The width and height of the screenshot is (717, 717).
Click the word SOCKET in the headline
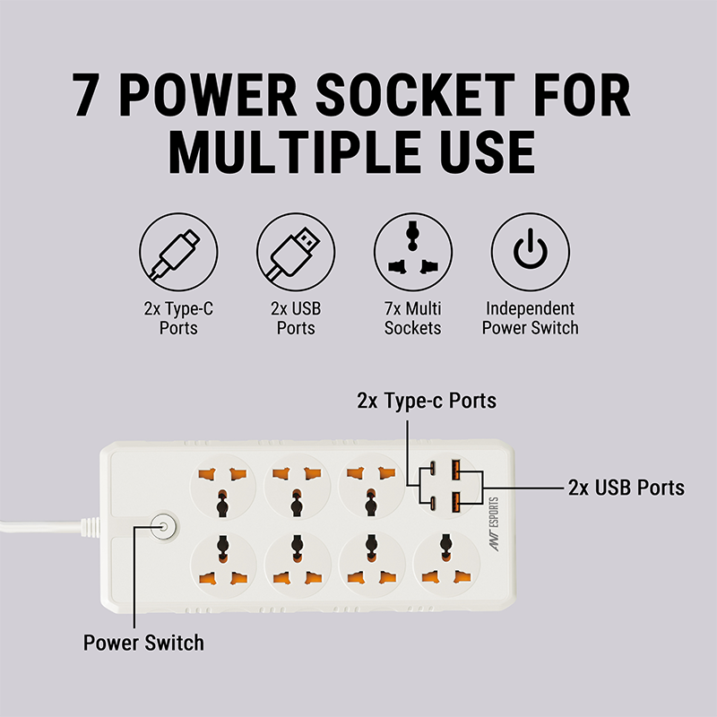pos(415,95)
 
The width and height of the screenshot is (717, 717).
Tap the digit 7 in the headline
pos(85,95)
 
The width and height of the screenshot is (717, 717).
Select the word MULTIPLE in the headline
pos(295,151)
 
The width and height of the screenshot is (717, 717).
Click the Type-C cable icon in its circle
pos(178,252)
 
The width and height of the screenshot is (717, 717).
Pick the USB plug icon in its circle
pos(296,252)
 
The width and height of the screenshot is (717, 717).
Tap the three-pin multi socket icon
pos(413,252)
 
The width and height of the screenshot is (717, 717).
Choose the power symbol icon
pos(531,252)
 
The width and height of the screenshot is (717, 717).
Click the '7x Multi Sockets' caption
pos(413,318)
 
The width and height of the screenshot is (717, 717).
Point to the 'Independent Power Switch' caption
pos(531,318)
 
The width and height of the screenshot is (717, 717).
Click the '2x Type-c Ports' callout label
pos(427,401)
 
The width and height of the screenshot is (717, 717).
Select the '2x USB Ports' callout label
pos(626,488)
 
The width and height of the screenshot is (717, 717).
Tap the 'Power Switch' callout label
pos(143,643)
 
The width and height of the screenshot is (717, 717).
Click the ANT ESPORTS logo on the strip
pos(495,524)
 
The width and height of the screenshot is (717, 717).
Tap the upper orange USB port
pos(456,470)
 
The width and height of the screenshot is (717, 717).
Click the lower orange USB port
pos(456,503)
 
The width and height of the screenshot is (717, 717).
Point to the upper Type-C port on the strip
pos(432,469)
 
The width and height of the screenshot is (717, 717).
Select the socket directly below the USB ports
pos(446,564)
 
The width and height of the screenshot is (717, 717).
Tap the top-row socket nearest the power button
pos(222,488)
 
